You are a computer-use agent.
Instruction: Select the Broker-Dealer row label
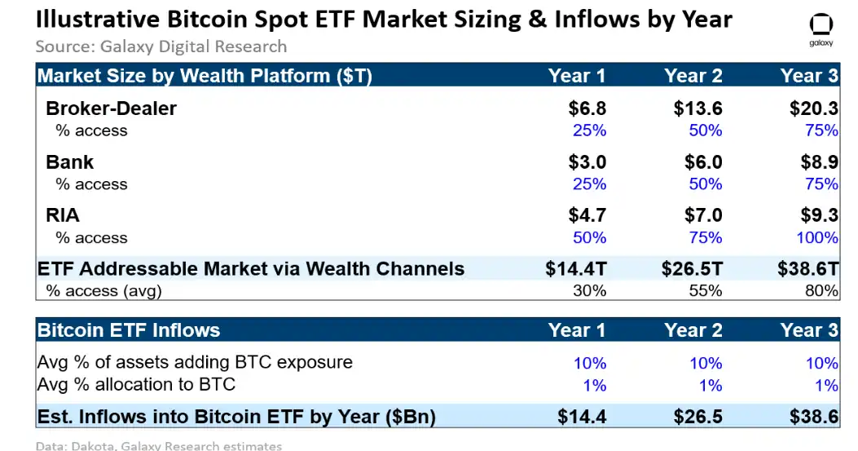pos(111,108)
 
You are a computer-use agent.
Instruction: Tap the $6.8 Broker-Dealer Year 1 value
pos(587,108)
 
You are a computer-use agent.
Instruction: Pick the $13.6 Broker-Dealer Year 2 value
pos(697,108)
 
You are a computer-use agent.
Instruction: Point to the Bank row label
pos(69,161)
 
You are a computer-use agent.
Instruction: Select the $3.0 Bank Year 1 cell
pos(587,161)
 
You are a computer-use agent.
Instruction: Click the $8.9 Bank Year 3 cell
pos(819,161)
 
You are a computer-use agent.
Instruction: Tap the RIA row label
pos(63,215)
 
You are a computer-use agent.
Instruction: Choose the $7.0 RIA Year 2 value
pos(702,215)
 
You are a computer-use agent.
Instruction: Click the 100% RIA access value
pos(817,237)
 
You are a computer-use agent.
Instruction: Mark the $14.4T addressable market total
pos(575,269)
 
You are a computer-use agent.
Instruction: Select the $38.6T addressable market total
pos(807,269)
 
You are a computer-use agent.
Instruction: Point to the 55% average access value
pos(705,290)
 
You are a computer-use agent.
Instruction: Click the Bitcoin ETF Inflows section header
pos(129,330)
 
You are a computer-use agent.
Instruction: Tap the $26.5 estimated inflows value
pos(697,417)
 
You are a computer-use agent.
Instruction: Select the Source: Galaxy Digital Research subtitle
pos(161,46)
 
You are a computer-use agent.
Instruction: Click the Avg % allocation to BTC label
pos(137,384)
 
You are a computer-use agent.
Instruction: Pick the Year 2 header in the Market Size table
pos(693,76)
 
